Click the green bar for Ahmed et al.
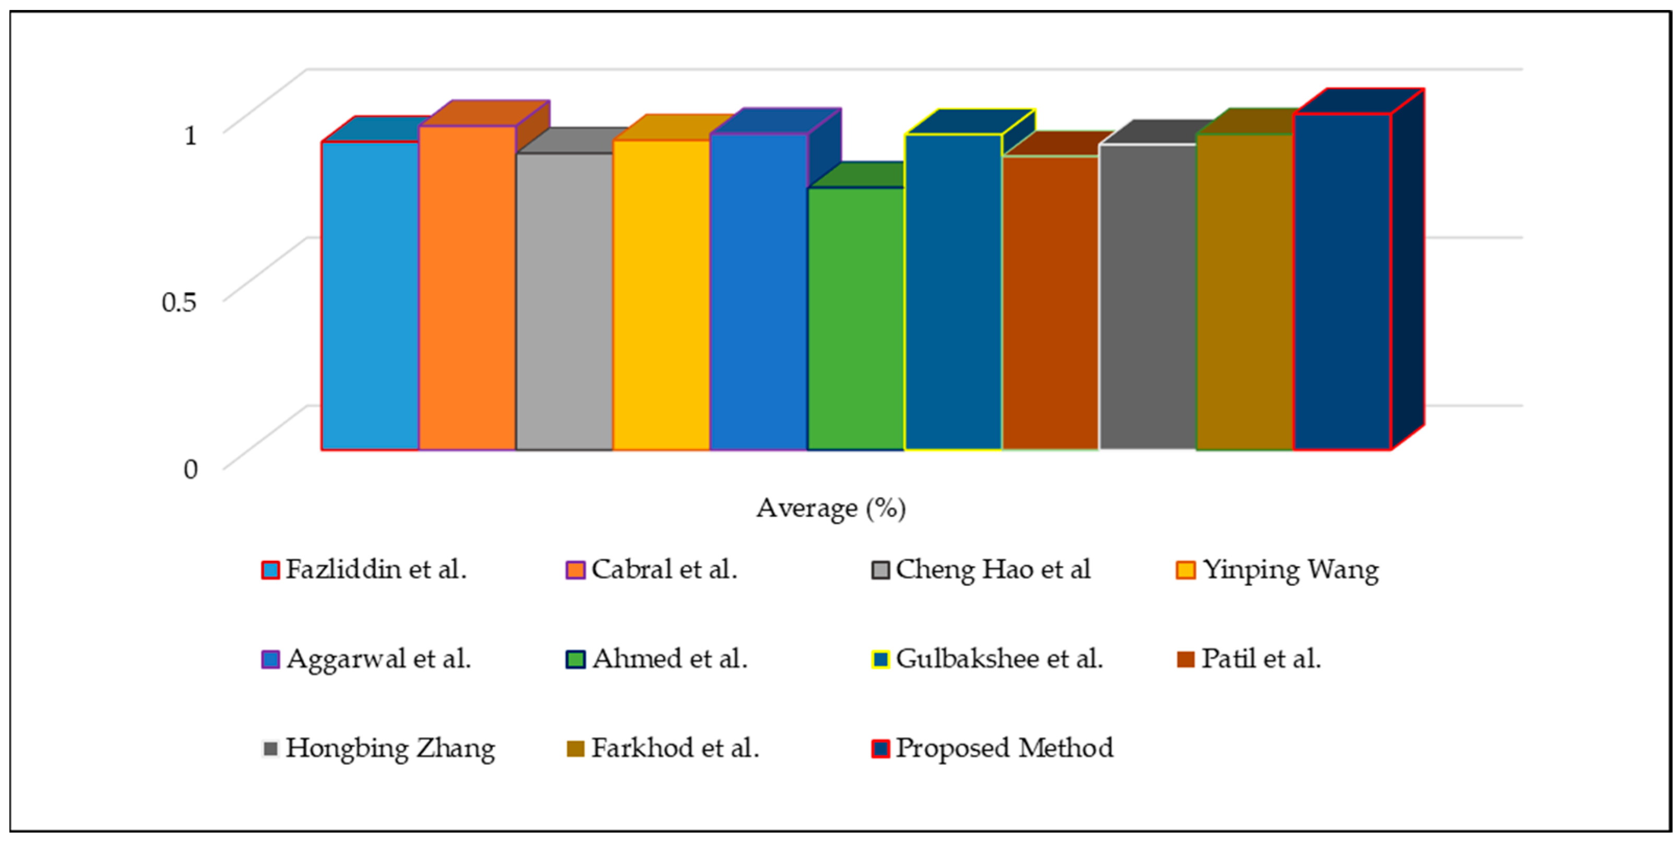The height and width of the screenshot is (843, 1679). pos(856,319)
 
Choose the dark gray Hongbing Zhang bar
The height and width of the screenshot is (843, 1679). pos(1148,297)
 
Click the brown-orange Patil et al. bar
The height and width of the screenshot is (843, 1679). pos(1050,303)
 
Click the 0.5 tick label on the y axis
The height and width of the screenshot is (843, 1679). pos(178,302)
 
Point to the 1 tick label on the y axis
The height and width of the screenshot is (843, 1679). pos(189,136)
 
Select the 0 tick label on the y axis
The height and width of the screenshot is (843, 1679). pos(189,469)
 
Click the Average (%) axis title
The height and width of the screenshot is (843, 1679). pos(831,508)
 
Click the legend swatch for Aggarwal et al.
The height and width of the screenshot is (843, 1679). pos(270,659)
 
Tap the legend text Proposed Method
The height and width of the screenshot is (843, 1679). pos(1004,748)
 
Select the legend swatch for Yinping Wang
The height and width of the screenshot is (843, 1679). pos(1186,570)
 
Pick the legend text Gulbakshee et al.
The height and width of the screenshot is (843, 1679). pos(999,659)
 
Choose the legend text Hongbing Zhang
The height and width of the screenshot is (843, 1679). pos(390,748)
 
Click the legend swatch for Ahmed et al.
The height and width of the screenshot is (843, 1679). pos(575,659)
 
